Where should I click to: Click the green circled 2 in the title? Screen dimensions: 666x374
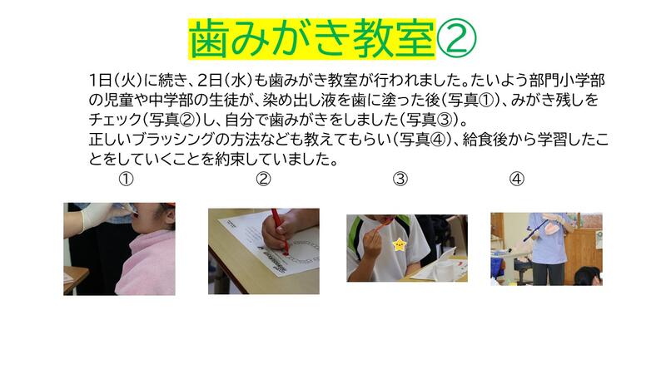(456, 38)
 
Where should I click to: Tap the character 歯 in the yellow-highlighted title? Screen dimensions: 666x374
(208, 38)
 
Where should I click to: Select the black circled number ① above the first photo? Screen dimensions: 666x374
(126, 179)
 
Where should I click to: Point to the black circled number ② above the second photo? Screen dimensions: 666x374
(263, 179)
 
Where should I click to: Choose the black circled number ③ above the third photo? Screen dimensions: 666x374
(400, 179)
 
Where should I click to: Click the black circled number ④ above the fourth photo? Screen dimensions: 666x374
(516, 179)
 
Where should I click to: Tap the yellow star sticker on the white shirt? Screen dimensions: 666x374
(400, 244)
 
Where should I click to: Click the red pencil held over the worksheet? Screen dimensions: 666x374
(280, 231)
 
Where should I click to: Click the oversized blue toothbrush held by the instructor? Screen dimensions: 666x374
(536, 230)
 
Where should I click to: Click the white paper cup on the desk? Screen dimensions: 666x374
(443, 269)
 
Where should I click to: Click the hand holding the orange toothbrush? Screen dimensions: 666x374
(370, 246)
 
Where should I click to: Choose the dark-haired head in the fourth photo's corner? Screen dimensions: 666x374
(588, 276)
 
